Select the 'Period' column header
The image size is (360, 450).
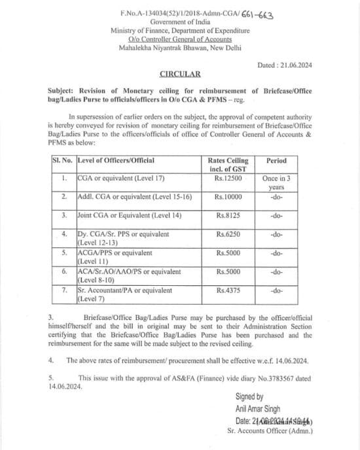pyautogui.click(x=276, y=160)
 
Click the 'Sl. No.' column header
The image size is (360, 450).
pyautogui.click(x=62, y=160)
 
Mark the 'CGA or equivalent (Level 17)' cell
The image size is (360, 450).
pyautogui.click(x=114, y=177)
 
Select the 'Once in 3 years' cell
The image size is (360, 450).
pyautogui.click(x=276, y=181)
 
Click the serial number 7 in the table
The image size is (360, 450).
pyautogui.click(x=63, y=290)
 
